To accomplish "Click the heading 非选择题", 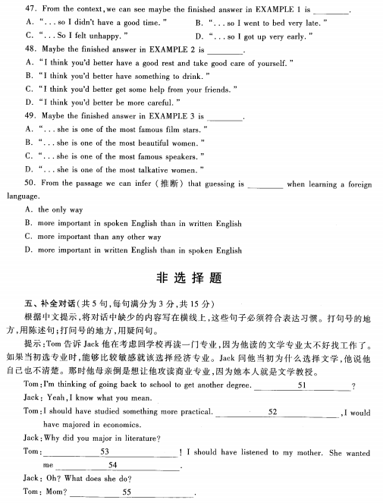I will (x=191, y=277).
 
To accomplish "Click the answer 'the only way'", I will (x=61, y=209).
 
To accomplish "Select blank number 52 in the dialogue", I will (x=272, y=412).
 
